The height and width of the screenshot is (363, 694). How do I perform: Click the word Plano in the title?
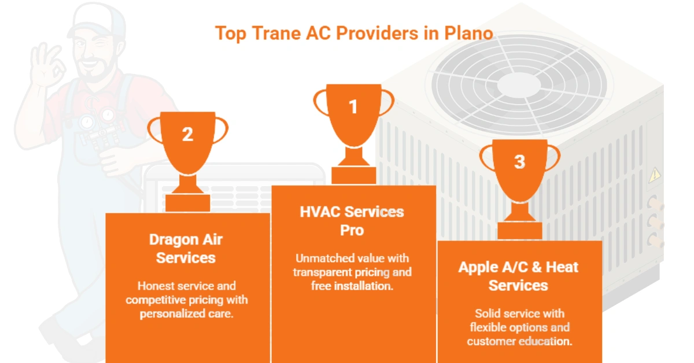[468, 33]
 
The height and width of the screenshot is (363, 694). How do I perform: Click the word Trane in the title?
[276, 33]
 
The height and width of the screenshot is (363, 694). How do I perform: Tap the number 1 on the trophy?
[353, 107]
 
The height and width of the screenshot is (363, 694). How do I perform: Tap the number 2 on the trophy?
[187, 135]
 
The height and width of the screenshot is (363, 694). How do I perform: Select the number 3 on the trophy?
[519, 162]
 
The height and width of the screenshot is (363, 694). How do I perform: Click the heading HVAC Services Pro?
[352, 221]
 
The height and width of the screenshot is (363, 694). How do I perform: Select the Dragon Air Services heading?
[186, 249]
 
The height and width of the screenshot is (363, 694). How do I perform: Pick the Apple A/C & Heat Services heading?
[518, 276]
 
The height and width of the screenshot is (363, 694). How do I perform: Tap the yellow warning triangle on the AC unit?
[654, 175]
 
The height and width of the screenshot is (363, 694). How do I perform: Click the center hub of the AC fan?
[519, 84]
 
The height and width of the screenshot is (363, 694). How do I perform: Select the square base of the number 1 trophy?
[353, 176]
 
